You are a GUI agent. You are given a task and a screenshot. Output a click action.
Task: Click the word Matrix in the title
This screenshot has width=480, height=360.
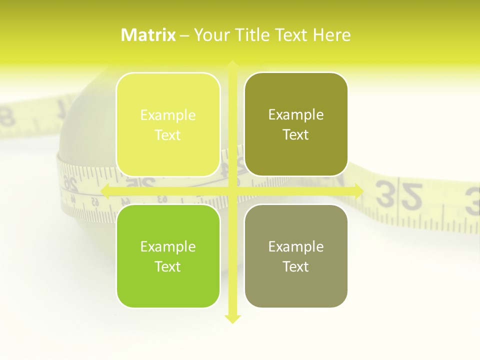pyautogui.click(x=148, y=35)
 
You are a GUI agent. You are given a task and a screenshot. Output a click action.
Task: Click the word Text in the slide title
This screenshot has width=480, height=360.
pyautogui.click(x=292, y=35)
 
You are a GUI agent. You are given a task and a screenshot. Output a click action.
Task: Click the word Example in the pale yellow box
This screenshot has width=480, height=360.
pyautogui.click(x=168, y=115)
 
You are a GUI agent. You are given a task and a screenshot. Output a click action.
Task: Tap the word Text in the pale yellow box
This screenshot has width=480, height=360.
pyautogui.click(x=168, y=135)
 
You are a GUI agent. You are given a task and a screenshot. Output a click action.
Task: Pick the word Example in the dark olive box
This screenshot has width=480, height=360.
pyautogui.click(x=296, y=115)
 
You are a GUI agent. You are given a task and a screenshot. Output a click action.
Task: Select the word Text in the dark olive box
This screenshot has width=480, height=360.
pyautogui.click(x=296, y=134)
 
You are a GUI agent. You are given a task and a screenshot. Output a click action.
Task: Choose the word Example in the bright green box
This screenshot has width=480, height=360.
pyautogui.click(x=168, y=247)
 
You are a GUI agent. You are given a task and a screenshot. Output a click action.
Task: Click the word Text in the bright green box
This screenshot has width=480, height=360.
pyautogui.click(x=168, y=266)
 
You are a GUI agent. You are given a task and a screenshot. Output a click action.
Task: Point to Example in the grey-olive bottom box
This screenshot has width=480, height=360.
pyautogui.click(x=296, y=247)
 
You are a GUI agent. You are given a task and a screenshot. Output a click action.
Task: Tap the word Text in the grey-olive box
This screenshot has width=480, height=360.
pyautogui.click(x=296, y=266)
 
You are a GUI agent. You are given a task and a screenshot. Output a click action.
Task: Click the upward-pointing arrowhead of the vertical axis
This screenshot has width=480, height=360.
pyautogui.click(x=232, y=65)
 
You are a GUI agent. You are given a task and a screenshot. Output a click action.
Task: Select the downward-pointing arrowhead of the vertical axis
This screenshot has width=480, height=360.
pyautogui.click(x=232, y=318)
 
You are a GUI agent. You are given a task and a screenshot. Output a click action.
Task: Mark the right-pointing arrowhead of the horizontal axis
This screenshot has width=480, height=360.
pyautogui.click(x=358, y=191)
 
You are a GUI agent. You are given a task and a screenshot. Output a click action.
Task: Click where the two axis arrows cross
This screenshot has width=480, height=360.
pyautogui.click(x=232, y=191)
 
